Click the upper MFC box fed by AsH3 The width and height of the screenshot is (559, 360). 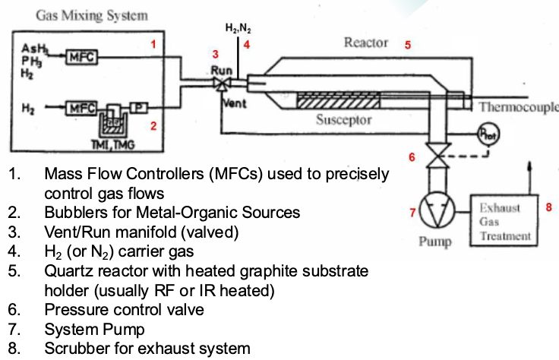tap(81, 57)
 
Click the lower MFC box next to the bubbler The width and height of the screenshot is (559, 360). tap(81, 108)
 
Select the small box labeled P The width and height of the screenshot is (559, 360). tap(139, 107)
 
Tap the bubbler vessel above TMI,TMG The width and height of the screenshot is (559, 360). tap(114, 122)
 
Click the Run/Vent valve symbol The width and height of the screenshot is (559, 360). tap(222, 84)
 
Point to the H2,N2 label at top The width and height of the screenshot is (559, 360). tap(238, 28)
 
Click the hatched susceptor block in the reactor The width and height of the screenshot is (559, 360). tap(338, 100)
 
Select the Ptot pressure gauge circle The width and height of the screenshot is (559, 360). tap(489, 134)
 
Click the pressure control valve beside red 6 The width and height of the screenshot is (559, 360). tap(438, 155)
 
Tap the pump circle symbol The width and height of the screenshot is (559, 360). tap(437, 210)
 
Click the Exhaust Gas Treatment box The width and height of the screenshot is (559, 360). tap(504, 220)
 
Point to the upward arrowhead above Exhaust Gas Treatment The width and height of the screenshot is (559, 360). tap(530, 166)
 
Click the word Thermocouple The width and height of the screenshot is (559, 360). tap(518, 107)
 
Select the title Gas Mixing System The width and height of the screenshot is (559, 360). tap(92, 16)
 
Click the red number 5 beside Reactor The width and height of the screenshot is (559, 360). tap(408, 45)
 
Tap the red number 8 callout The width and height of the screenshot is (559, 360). tap(548, 207)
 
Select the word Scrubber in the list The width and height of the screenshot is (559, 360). tap(76, 349)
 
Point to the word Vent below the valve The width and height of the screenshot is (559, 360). tap(235, 103)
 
